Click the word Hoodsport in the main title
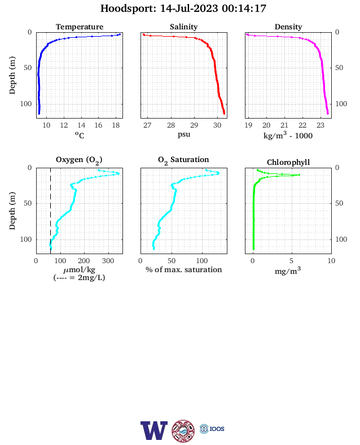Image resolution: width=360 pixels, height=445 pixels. click(128, 8)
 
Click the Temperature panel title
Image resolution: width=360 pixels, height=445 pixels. click(80, 27)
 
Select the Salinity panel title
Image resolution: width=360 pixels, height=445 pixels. click(184, 27)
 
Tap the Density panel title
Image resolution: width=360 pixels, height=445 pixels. click(288, 27)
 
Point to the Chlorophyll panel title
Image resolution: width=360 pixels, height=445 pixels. click(288, 162)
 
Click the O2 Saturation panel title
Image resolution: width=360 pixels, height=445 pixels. click(183, 160)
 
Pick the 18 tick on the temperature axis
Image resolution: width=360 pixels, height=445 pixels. click(116, 125)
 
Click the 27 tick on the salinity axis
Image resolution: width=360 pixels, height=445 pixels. click(147, 125)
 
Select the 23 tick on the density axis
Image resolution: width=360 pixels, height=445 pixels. click(321, 125)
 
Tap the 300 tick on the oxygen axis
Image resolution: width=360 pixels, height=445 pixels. click(108, 260)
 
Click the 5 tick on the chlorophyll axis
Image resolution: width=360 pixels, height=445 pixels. click(292, 260)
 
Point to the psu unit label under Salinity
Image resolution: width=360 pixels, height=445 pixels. click(184, 134)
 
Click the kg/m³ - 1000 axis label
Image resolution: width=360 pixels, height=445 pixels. click(288, 135)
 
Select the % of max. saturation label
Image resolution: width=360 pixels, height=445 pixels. click(184, 269)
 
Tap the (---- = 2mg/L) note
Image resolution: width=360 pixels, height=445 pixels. click(80, 277)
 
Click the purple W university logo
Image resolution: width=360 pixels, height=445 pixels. click(154, 430)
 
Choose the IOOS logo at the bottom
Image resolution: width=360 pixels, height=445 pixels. click(212, 429)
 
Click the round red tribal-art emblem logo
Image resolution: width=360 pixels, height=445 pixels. click(183, 430)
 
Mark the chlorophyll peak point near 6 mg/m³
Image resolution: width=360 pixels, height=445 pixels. click(299, 175)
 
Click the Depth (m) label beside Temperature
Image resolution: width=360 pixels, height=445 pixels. click(12, 75)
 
